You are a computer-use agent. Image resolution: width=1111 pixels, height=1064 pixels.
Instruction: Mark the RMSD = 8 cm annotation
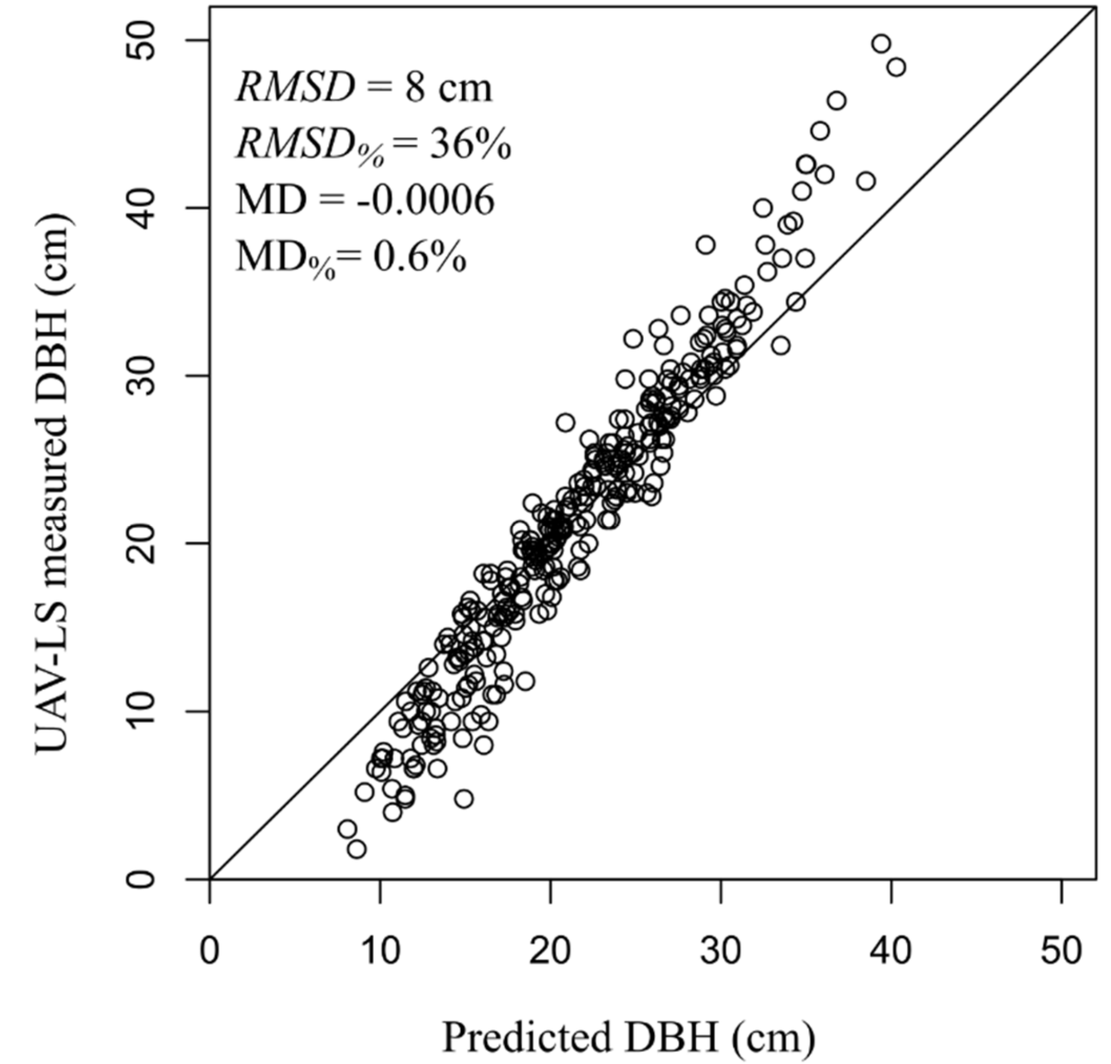pos(364,88)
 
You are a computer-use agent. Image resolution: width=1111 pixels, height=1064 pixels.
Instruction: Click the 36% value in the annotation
pos(471,145)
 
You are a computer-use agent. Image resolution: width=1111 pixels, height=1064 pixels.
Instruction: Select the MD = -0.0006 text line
pos(365,200)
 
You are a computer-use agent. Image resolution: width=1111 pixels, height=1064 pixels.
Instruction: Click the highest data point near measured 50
pos(881,44)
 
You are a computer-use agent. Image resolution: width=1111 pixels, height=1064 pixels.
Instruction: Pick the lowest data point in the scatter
pos(357,849)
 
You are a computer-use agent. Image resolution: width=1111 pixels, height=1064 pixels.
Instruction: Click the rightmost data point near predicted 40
pos(896,68)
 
